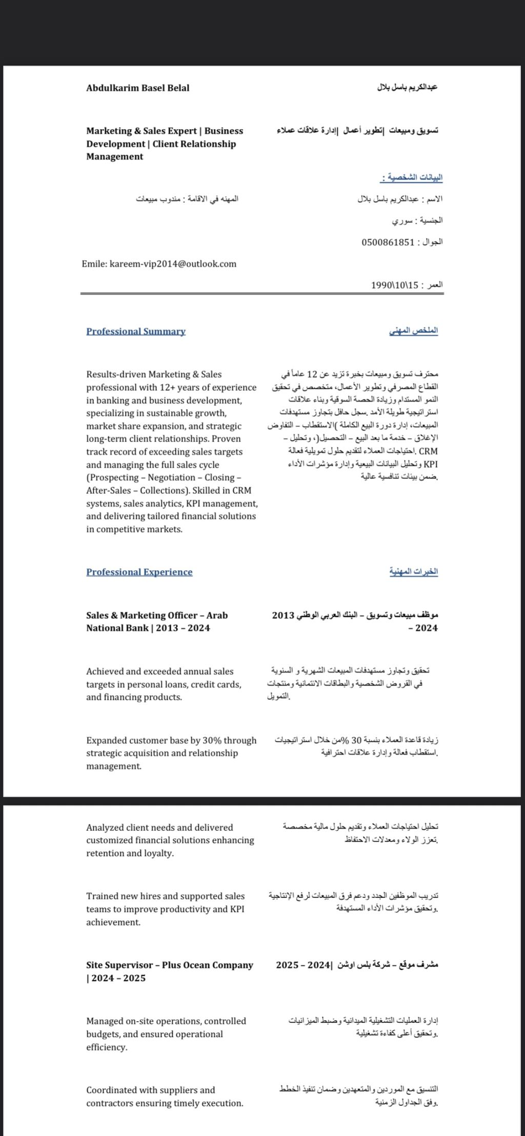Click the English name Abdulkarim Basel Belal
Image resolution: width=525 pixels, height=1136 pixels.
click(x=137, y=88)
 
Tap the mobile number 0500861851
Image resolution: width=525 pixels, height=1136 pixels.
click(x=387, y=242)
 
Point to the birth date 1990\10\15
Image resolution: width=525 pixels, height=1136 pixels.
click(x=395, y=284)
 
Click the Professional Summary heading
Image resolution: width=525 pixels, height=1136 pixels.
click(x=136, y=332)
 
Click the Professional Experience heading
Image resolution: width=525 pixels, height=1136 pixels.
click(x=139, y=572)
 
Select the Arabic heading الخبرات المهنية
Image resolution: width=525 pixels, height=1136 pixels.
click(x=413, y=571)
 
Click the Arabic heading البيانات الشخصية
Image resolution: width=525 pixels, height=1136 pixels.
click(x=412, y=178)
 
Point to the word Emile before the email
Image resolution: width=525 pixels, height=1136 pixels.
click(x=93, y=264)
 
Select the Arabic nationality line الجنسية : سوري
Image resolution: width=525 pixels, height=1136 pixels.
click(x=417, y=220)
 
